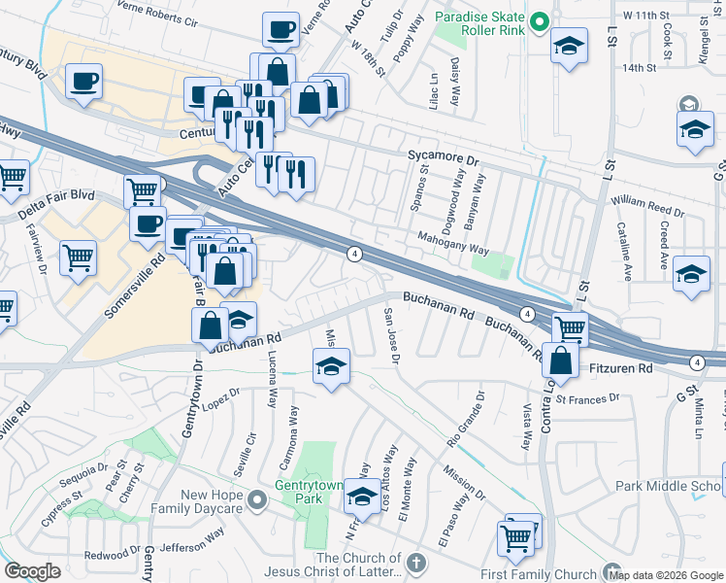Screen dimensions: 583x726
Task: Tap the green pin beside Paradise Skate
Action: (541, 20)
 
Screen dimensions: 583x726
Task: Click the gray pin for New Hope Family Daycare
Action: (256, 500)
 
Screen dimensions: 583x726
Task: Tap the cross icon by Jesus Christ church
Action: (415, 563)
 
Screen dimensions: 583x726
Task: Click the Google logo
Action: (32, 571)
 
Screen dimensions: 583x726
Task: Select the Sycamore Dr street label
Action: (444, 158)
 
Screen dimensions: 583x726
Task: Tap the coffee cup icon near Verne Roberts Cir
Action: (280, 31)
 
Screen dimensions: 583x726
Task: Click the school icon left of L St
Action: (569, 45)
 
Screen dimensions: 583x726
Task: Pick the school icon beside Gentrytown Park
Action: (362, 497)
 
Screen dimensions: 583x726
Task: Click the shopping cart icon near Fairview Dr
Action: (78, 258)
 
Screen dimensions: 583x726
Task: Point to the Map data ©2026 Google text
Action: (667, 574)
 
